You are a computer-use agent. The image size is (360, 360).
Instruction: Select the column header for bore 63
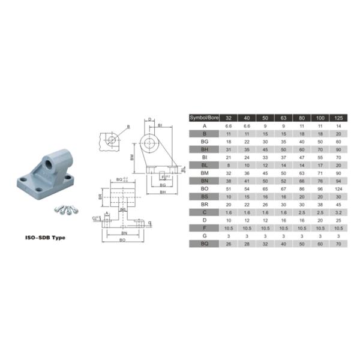pyautogui.click(x=283, y=118)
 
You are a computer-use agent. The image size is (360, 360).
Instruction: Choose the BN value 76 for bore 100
pyautogui.click(x=321, y=181)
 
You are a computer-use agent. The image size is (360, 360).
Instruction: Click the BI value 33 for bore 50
pyautogui.click(x=263, y=157)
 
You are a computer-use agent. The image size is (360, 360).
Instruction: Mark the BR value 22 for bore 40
pyautogui.click(x=246, y=205)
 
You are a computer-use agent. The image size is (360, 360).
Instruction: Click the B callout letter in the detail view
pyautogui.click(x=128, y=127)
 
